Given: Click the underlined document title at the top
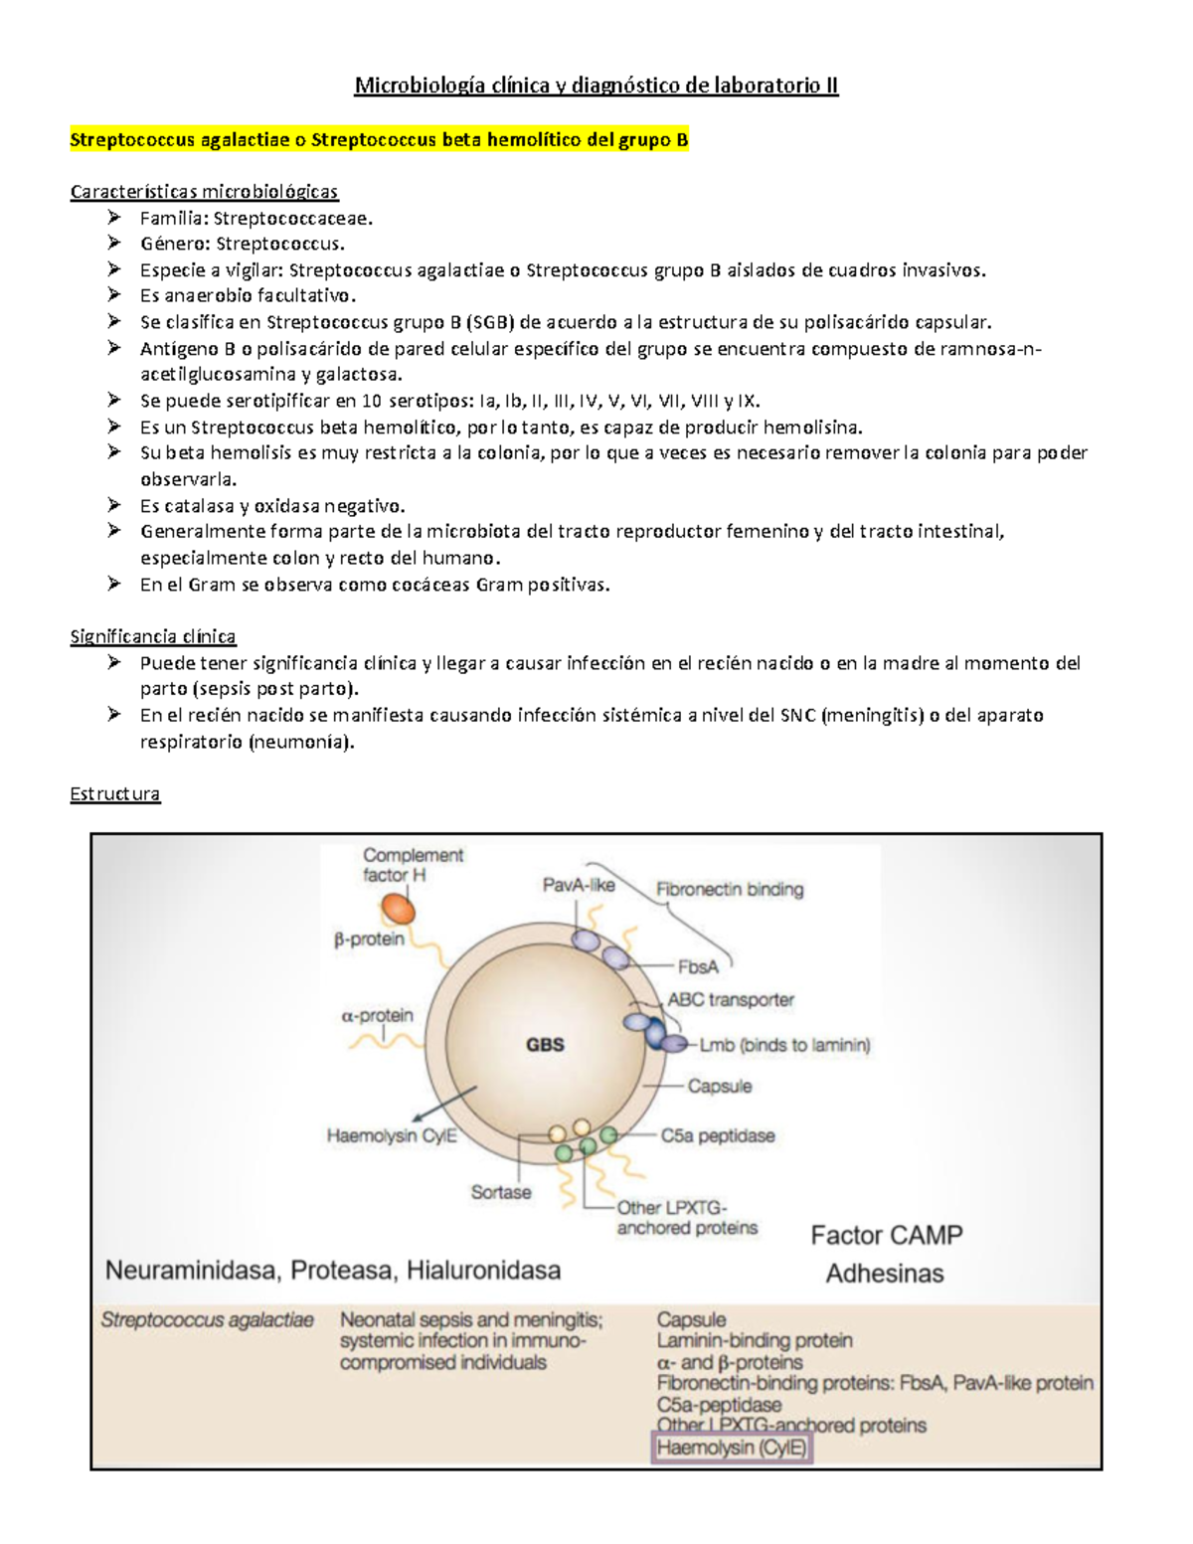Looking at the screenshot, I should [x=596, y=86].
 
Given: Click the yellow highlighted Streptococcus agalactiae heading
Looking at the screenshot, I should [x=379, y=140].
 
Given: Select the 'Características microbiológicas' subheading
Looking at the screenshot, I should [x=204, y=192].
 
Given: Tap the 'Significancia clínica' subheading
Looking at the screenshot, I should [x=153, y=636].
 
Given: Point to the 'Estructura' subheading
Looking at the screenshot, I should [x=114, y=794].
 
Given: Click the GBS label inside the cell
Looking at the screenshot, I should [x=545, y=1045].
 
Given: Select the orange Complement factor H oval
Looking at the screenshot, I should [x=400, y=908].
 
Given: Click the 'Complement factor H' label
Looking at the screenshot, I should [x=413, y=865].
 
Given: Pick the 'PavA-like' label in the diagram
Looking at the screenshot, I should [x=579, y=885].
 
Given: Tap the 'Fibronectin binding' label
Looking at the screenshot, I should [x=730, y=890].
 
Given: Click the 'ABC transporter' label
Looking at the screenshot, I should [x=731, y=1000].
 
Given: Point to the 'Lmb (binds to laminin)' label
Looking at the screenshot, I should [x=785, y=1045].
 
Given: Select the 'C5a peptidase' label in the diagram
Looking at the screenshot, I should [x=718, y=1135].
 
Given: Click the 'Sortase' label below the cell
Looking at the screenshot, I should [x=501, y=1192].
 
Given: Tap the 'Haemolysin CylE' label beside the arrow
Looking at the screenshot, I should [x=392, y=1135].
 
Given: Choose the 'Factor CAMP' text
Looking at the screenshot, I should [x=887, y=1235].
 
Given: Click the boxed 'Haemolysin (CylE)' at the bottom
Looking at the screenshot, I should [x=732, y=1448].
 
